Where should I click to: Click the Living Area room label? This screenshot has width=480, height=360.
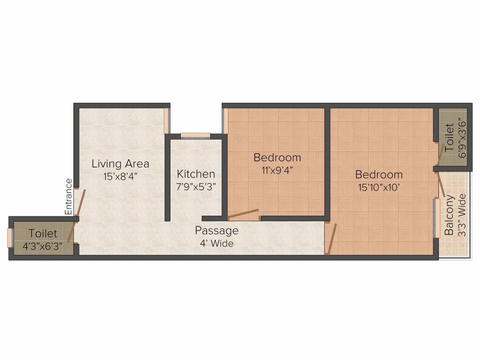[x=120, y=164]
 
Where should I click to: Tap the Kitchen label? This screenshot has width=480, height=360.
[x=196, y=174]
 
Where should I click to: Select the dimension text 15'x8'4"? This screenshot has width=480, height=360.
[x=120, y=177]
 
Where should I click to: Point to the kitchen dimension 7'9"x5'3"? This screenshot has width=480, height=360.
[x=196, y=187]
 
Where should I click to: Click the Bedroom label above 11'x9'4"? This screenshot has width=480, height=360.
[x=277, y=157]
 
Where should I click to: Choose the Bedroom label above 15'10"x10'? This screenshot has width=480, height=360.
[x=379, y=175]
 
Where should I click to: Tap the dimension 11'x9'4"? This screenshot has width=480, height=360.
[x=277, y=170]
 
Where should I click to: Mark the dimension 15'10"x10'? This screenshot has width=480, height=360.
[x=379, y=187]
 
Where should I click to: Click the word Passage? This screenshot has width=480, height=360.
[x=217, y=231]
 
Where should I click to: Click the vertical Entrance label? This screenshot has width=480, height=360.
[x=68, y=197]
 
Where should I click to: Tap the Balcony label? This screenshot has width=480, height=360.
[x=449, y=215]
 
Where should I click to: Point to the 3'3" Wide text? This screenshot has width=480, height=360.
[x=462, y=215]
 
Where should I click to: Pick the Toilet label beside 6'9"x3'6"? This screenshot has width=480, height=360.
[x=449, y=137]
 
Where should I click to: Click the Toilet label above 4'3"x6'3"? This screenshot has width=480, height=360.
[x=43, y=233]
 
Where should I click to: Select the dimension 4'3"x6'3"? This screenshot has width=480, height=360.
[x=43, y=246]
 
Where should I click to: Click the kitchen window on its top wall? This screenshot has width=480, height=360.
[x=195, y=135]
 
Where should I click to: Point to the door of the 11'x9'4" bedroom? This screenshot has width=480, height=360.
[x=242, y=214]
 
